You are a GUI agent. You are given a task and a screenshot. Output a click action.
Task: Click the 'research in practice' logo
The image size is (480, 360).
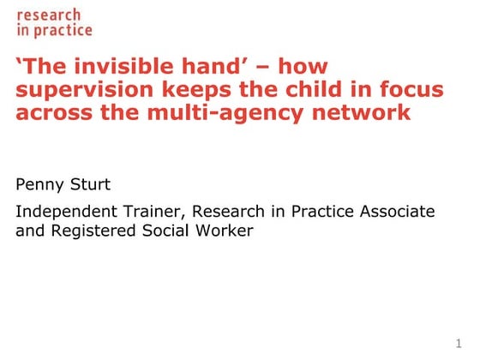tap(54, 22)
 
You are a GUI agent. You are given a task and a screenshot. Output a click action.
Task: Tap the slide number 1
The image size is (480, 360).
tap(471, 345)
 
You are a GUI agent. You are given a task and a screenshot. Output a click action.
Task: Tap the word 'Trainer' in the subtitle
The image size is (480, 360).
tap(156, 211)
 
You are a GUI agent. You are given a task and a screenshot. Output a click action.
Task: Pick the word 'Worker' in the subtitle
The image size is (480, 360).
tap(222, 231)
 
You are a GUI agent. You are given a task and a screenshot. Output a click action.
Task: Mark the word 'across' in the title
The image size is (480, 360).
tap(53, 113)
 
